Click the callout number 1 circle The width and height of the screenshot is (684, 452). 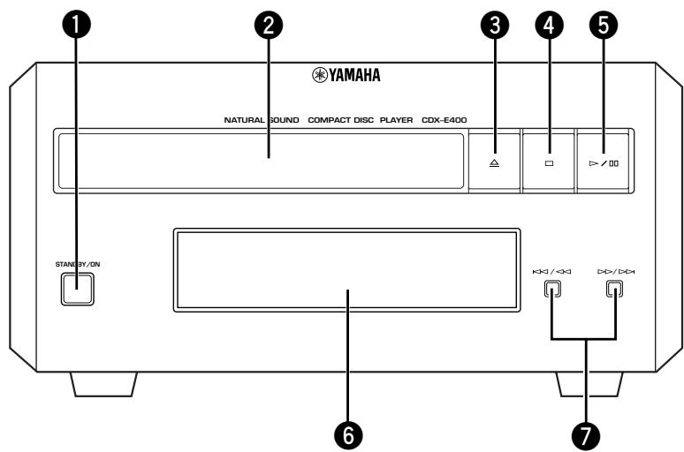tap(77, 25)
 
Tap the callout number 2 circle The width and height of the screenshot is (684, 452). tap(269, 25)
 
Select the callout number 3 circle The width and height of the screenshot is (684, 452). tap(495, 25)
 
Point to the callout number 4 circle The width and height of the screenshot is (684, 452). tap(549, 25)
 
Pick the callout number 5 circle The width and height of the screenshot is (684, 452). tap(604, 25)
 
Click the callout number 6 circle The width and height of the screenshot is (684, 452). tap(348, 434)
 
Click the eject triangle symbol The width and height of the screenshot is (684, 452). tap(494, 163)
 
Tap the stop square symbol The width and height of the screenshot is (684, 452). tap(549, 163)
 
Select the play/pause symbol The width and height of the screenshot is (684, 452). tap(604, 163)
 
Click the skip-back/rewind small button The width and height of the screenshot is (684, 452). tap(552, 289)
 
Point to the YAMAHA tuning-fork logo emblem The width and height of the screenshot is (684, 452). tap(320, 75)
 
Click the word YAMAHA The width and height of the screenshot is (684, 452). tap(354, 75)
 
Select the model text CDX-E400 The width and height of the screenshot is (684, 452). tap(445, 120)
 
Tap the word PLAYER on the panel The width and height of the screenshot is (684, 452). tap(396, 120)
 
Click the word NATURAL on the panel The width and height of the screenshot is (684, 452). tap(244, 120)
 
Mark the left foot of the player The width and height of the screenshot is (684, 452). tap(103, 384)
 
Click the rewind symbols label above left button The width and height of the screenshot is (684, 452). tap(551, 272)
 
